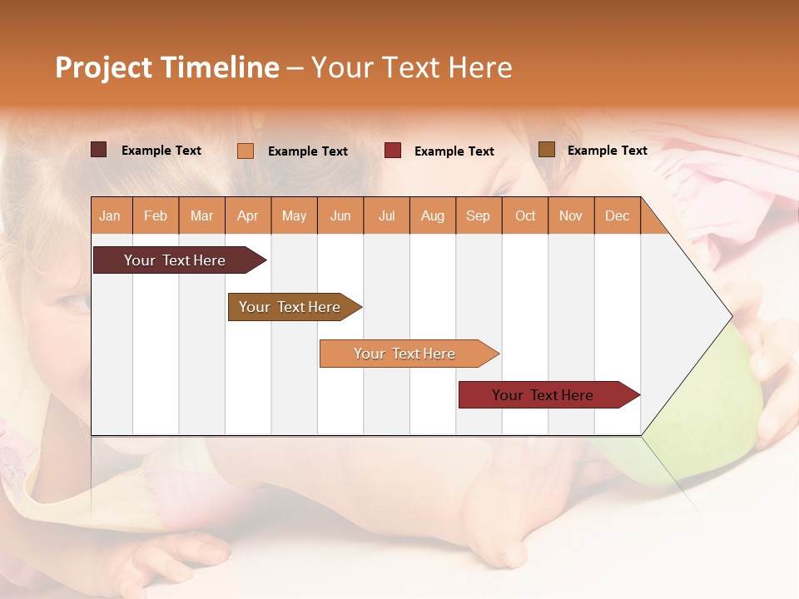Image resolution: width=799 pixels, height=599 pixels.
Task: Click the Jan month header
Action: pyautogui.click(x=110, y=215)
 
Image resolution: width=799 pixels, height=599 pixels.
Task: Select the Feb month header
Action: pyautogui.click(x=156, y=215)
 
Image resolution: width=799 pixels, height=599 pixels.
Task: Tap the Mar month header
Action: pyautogui.click(x=201, y=215)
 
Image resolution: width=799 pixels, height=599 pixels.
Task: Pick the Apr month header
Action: pyautogui.click(x=247, y=215)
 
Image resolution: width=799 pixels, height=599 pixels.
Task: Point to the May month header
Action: pyautogui.click(x=294, y=215)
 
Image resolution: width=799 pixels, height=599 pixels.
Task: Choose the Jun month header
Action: pyautogui.click(x=340, y=215)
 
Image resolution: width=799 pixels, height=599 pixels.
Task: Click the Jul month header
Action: pyautogui.click(x=386, y=215)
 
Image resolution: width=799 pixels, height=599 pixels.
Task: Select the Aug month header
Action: pyautogui.click(x=432, y=215)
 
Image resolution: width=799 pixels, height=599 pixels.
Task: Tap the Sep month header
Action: pyautogui.click(x=478, y=215)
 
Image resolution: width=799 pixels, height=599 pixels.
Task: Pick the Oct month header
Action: pyautogui.click(x=525, y=215)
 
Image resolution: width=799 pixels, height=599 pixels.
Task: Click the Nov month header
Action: pyautogui.click(x=570, y=215)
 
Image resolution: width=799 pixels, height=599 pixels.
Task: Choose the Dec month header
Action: pyautogui.click(x=617, y=215)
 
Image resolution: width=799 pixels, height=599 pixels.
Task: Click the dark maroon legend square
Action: pyautogui.click(x=99, y=150)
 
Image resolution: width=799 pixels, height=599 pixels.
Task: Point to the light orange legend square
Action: pyautogui.click(x=246, y=151)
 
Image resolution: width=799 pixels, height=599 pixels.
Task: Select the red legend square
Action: pyautogui.click(x=393, y=151)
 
